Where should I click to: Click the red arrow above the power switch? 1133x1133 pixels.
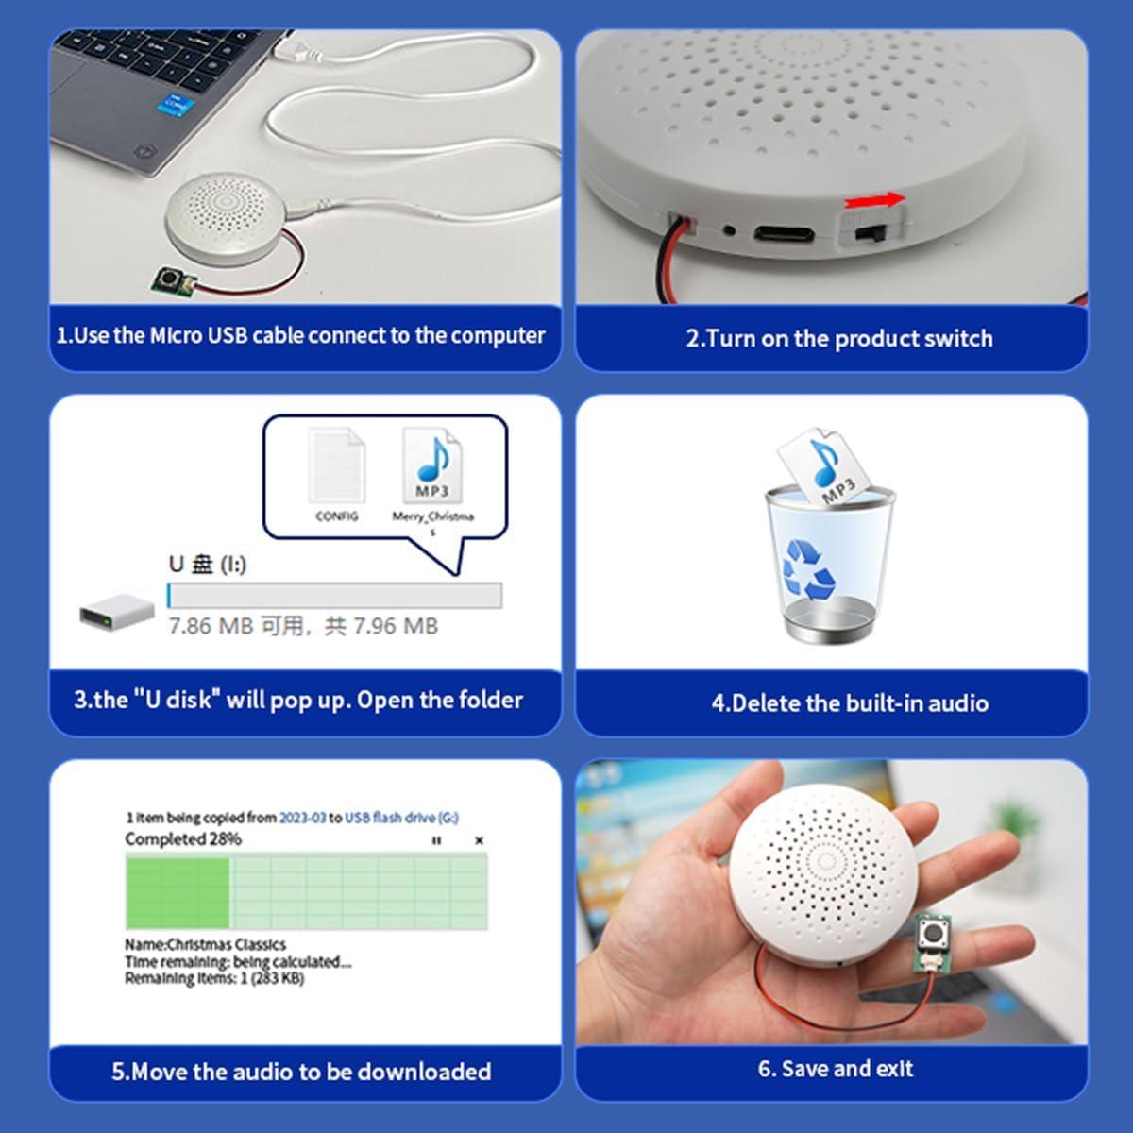(x=874, y=200)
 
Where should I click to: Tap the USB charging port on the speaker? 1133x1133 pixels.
(x=783, y=232)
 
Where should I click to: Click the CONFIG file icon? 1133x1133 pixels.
(x=337, y=466)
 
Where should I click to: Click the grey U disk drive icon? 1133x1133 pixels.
(x=116, y=613)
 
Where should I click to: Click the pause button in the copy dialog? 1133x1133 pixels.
(x=436, y=840)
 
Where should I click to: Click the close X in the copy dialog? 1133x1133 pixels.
(x=479, y=840)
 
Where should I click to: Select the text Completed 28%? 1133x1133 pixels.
(x=183, y=839)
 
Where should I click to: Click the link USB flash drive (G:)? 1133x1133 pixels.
(x=401, y=818)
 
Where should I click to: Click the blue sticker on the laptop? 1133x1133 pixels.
(x=176, y=103)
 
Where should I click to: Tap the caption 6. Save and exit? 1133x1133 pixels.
(x=835, y=1069)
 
